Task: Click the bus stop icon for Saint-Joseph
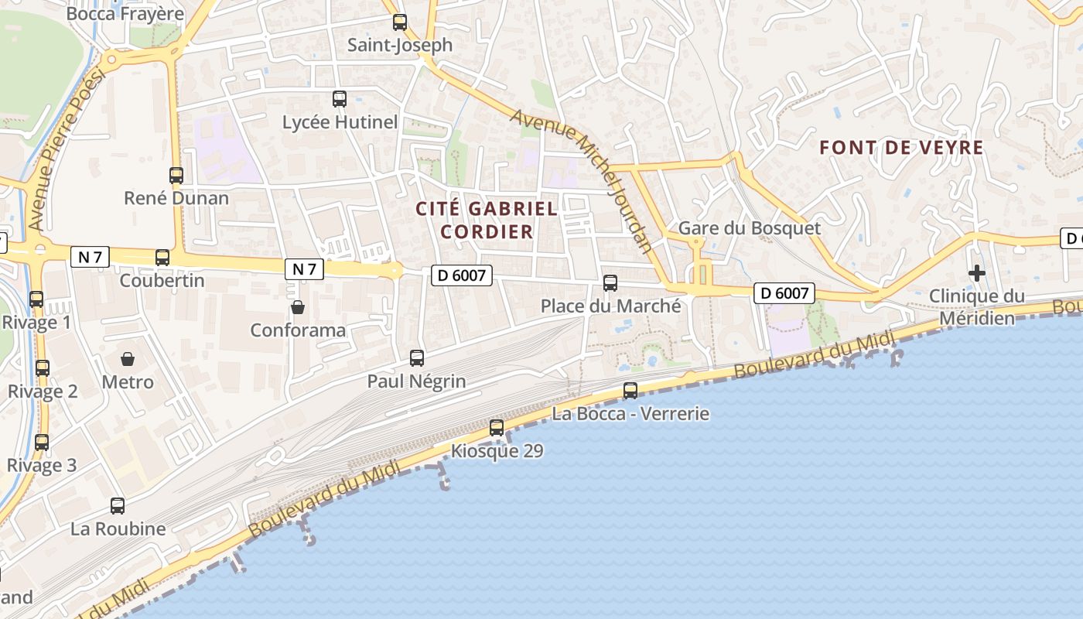click(x=399, y=22)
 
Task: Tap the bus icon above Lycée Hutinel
click(x=340, y=99)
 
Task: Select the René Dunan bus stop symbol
click(x=176, y=176)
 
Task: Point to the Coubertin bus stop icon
click(x=162, y=258)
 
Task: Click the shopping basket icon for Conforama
click(x=298, y=308)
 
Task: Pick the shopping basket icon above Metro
click(x=128, y=359)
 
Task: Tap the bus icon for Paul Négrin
click(x=417, y=358)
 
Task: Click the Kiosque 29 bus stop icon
click(x=497, y=428)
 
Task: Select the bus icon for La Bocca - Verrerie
click(x=630, y=391)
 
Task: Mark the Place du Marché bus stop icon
click(x=610, y=283)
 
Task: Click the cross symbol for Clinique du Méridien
click(x=976, y=273)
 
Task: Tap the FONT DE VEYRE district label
click(x=901, y=148)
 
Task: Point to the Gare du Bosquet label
click(x=749, y=229)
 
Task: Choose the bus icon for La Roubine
click(x=118, y=506)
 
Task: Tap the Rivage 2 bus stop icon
click(x=43, y=368)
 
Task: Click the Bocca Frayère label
click(x=125, y=14)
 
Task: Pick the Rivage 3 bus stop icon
click(x=42, y=443)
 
